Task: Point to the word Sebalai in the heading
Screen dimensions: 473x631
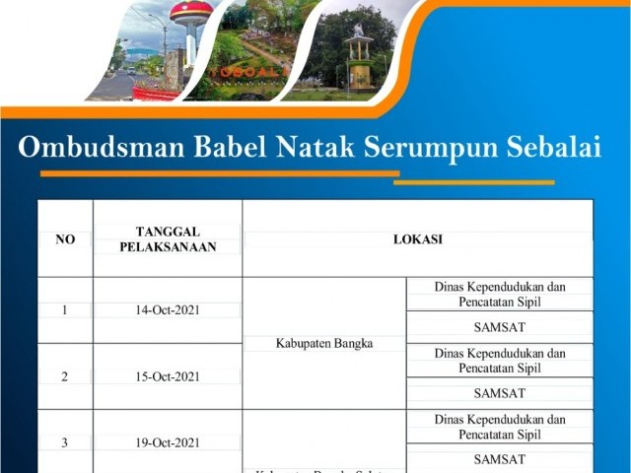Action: point(553,149)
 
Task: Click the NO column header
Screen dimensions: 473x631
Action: point(65,239)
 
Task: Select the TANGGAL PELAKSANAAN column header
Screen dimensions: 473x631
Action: point(168,238)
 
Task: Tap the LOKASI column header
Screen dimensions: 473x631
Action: point(418,239)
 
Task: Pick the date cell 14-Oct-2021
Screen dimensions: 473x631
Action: point(168,309)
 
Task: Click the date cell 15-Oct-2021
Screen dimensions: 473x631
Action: point(168,375)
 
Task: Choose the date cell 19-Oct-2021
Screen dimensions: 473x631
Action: point(168,442)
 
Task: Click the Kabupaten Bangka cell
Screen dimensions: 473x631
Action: point(324,343)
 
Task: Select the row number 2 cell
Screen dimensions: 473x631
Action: point(65,375)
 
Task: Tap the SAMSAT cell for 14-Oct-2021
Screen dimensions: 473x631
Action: point(499,326)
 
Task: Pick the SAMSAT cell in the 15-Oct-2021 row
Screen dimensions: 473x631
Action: point(499,392)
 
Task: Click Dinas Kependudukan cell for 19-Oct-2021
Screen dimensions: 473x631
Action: point(499,427)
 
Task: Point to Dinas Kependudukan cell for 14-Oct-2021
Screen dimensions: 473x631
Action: point(499,294)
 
